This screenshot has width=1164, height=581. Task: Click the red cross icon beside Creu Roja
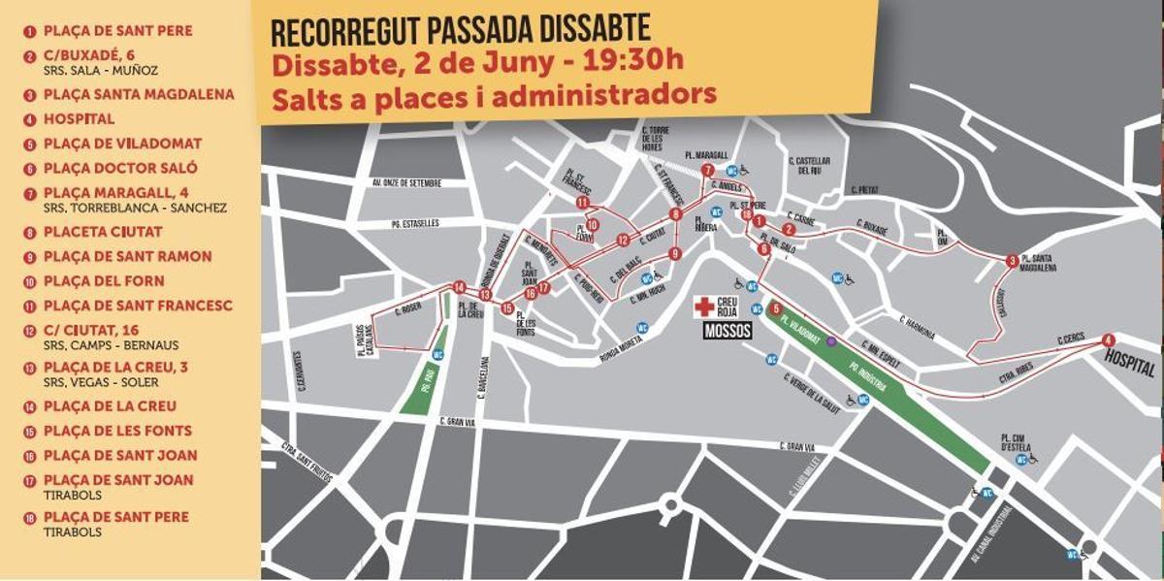pos(703,307)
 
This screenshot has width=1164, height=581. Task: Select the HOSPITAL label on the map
pos(1129,370)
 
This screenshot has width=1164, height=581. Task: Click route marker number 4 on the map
pos(1109,339)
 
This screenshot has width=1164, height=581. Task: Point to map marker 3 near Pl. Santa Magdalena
pos(1012,260)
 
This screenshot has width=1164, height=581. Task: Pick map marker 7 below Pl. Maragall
pos(708,170)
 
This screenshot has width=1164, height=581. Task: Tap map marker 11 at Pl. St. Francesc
pos(582,203)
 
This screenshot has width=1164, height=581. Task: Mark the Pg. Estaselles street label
pos(412,224)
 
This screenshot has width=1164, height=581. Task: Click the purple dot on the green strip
pos(830,341)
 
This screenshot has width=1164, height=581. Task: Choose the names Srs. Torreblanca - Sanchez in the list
pos(135,208)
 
